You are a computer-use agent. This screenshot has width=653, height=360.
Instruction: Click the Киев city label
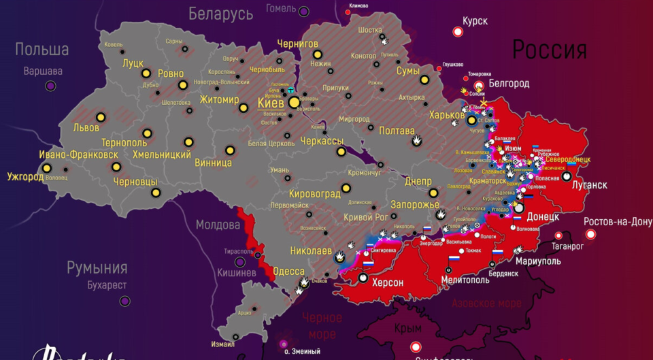[x=271, y=103]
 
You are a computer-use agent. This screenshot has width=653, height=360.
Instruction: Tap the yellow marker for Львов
[x=101, y=117]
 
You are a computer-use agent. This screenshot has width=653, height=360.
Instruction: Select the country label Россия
[x=549, y=50]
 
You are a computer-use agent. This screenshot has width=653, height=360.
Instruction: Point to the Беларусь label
[x=221, y=13]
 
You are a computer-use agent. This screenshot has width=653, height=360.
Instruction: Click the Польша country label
[x=41, y=50]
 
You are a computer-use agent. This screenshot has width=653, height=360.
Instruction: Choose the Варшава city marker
[x=50, y=86]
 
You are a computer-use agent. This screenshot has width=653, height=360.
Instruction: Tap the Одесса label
[x=288, y=272]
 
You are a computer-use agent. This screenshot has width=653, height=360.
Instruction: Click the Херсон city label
[x=387, y=282]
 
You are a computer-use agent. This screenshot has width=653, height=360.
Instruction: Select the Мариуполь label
[x=538, y=261]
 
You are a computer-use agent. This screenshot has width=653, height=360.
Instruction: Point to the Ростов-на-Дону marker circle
[x=590, y=234]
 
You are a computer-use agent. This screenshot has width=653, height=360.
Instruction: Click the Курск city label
[x=475, y=21]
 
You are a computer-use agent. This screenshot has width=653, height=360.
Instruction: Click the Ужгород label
[x=25, y=177]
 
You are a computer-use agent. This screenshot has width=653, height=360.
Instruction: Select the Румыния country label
[x=97, y=267]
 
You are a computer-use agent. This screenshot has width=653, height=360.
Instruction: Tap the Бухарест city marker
[x=125, y=300]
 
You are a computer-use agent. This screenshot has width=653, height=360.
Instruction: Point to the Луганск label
[x=589, y=185]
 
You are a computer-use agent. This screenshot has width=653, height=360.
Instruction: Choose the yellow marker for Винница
[x=229, y=150]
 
